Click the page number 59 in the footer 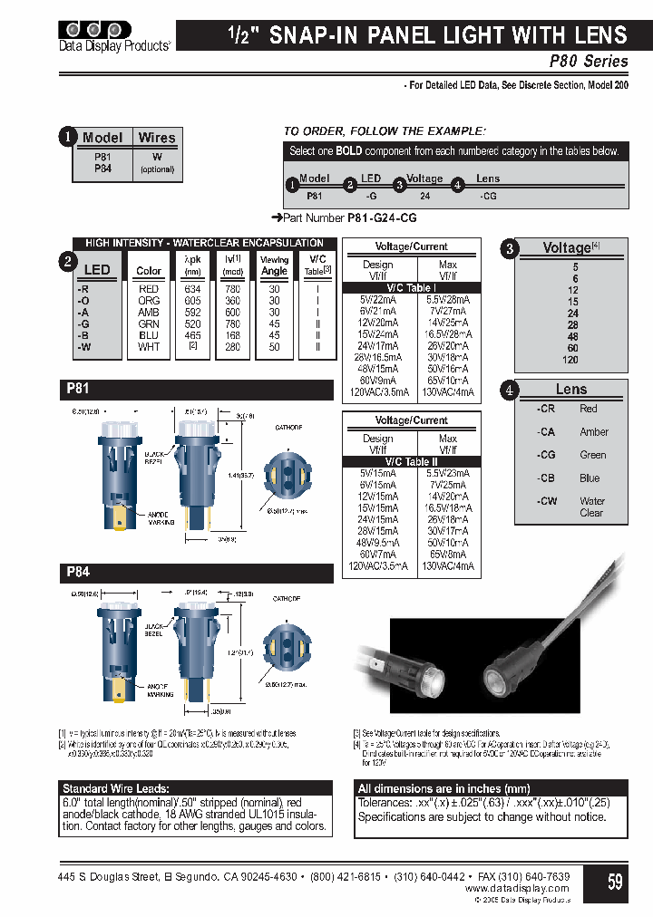615,881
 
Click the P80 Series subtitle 589,62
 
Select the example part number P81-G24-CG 382,218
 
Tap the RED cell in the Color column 149,289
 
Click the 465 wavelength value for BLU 192,335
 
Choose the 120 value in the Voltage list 570,360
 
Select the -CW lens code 545,501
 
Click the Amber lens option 594,432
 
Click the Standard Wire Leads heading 115,788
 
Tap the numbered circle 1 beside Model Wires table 67,138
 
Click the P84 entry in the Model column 102,169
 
